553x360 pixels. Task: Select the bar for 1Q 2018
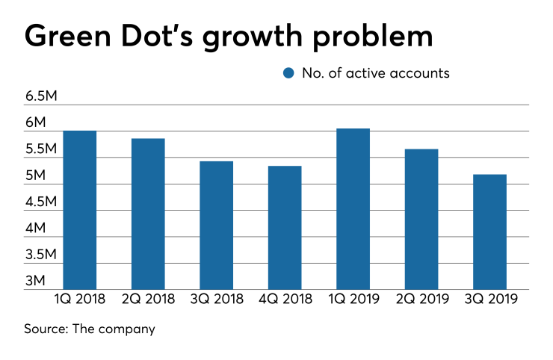tap(80, 210)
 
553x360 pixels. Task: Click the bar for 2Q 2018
tap(148, 214)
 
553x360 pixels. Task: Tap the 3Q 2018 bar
tap(216, 225)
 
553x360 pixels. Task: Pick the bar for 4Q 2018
tap(285, 227)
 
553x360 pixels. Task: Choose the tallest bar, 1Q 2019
tap(353, 208)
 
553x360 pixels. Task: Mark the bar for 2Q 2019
tap(421, 219)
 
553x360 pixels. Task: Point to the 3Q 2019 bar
tap(489, 232)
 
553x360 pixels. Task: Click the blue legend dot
tap(288, 73)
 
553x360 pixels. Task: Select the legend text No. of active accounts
tap(375, 73)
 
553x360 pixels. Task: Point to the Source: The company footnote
tap(90, 329)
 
